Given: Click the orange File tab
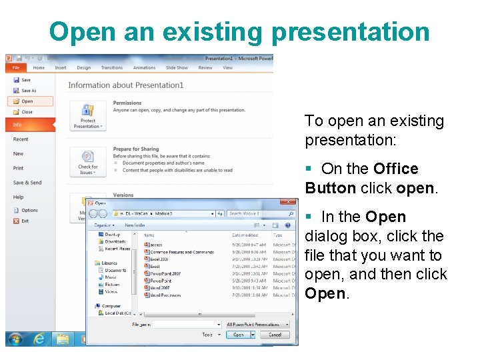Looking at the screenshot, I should click(15, 67).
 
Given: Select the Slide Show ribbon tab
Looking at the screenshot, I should click(177, 67).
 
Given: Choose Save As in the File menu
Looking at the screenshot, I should click(28, 91).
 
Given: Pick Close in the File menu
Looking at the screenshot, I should click(26, 112).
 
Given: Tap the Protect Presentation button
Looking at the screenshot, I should click(87, 115).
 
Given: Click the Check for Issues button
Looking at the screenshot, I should click(87, 163).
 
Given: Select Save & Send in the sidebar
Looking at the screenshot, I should click(27, 183).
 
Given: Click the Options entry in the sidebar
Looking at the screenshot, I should click(29, 211).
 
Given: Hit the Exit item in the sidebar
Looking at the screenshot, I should click(25, 221).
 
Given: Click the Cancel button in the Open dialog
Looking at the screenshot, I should click(275, 335).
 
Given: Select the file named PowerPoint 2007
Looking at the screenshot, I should click(165, 273).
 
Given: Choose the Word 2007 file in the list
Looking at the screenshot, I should click(161, 287).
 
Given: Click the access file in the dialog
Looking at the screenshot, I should click(156, 245).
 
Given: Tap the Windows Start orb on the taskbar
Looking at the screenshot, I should click(15, 339).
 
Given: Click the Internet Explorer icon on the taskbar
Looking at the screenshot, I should click(39, 339).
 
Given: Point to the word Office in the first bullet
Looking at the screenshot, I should click(396, 169).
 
